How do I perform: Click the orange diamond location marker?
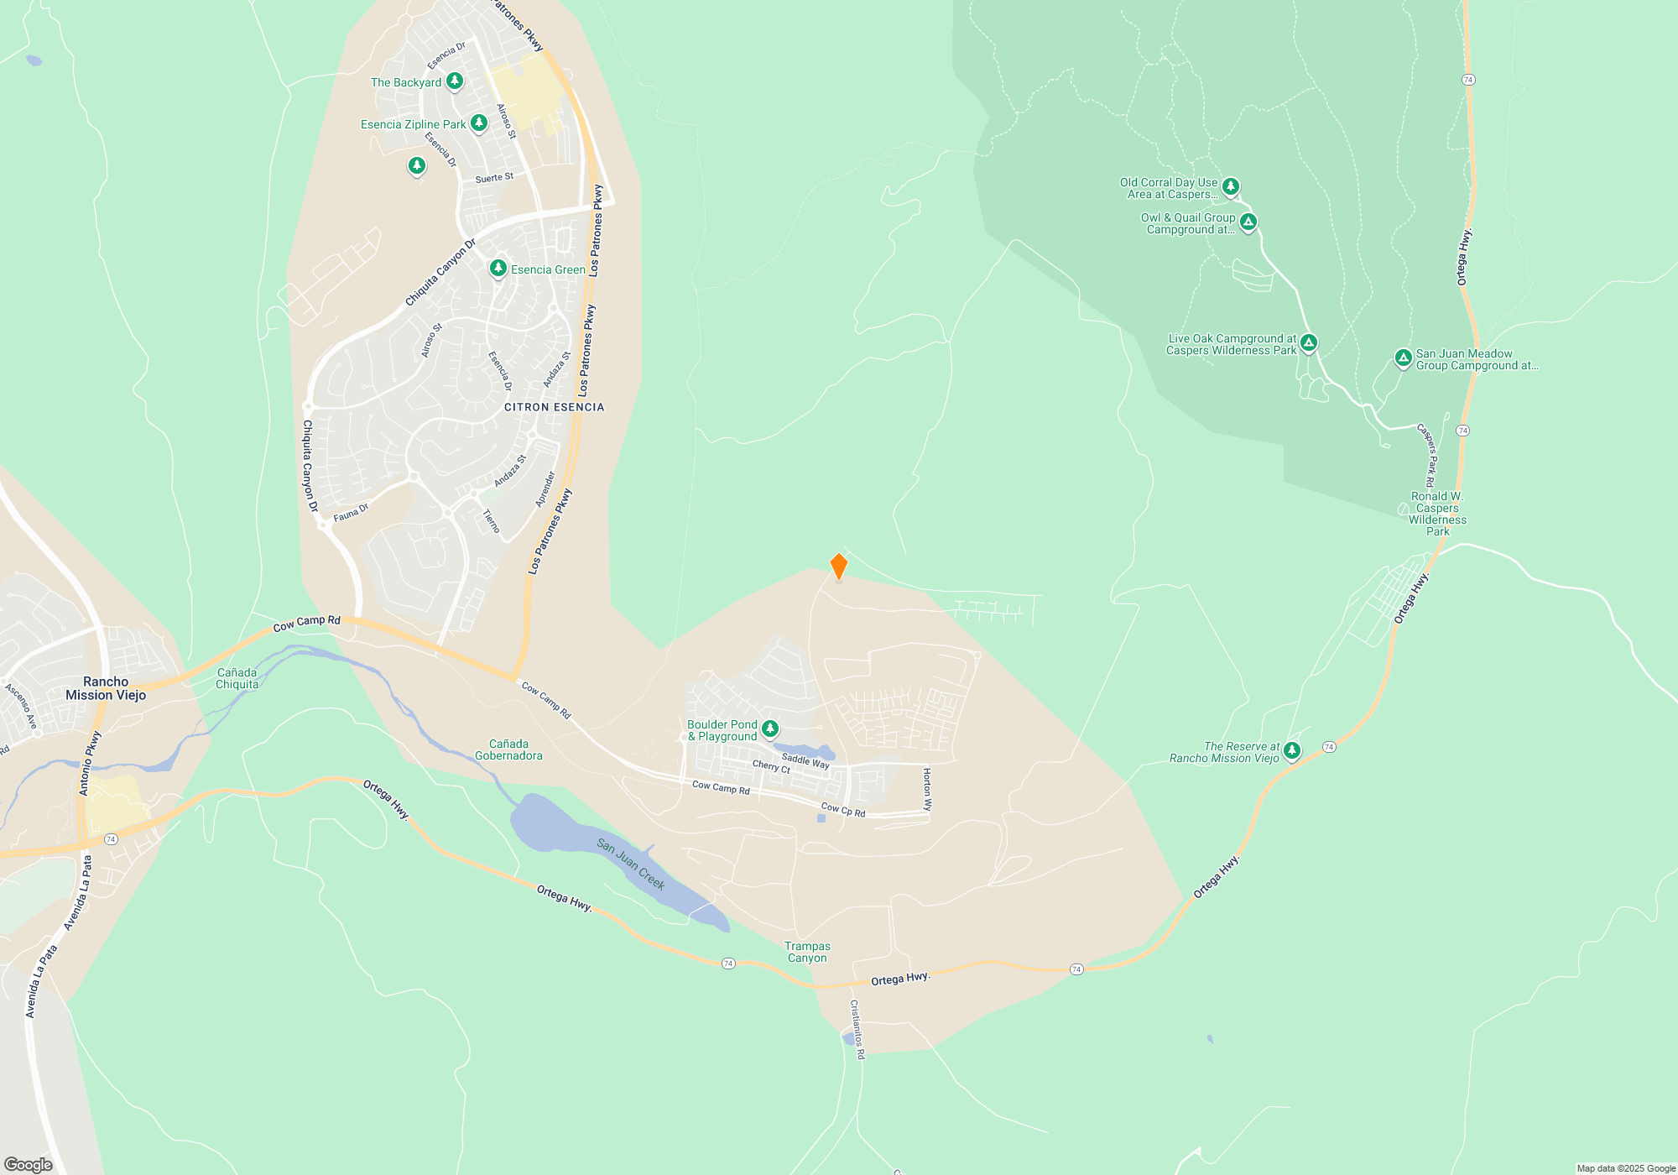838,567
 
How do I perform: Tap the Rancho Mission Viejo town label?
106,688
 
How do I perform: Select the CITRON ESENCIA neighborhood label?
554,407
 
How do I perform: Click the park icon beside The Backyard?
455,81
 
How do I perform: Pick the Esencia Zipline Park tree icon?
479,123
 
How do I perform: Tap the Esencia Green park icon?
498,269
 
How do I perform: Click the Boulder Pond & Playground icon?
770,729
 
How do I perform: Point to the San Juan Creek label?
631,864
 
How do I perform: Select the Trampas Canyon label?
807,952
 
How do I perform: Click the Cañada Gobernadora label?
508,749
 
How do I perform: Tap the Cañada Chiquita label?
237,678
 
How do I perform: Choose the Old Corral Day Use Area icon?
1231,186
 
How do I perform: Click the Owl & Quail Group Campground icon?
1248,222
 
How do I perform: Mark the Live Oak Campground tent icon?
1309,342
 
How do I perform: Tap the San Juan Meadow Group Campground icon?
1403,358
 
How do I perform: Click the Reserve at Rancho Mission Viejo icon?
1292,750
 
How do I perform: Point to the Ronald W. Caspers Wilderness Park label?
1437,514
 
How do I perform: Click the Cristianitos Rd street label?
857,1029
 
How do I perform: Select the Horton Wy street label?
927,789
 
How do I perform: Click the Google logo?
29,1164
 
